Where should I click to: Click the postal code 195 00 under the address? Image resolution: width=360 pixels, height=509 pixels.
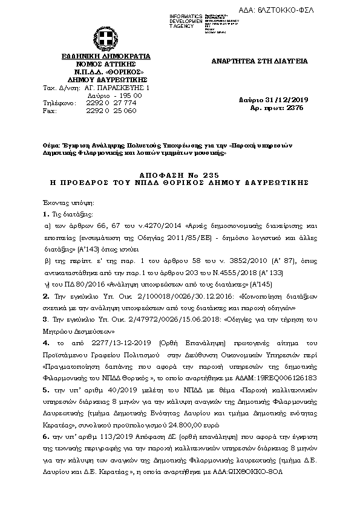coord(131,96)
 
